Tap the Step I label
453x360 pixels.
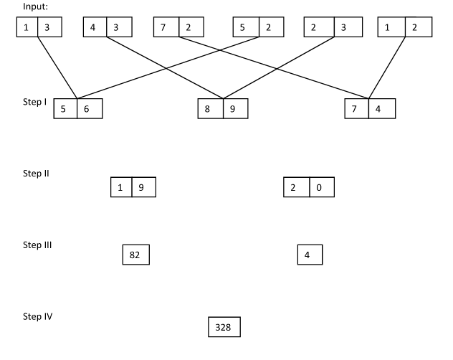click(x=35, y=103)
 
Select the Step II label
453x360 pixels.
click(x=36, y=174)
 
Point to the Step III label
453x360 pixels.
click(x=37, y=245)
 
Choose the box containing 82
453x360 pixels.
click(x=135, y=255)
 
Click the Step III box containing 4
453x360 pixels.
click(x=310, y=255)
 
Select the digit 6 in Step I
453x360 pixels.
click(x=88, y=109)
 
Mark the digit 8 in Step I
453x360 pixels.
click(x=209, y=109)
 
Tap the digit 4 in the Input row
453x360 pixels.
click(x=93, y=27)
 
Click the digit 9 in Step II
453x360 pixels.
click(x=142, y=188)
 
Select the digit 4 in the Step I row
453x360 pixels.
click(x=381, y=109)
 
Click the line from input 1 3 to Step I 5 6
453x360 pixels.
click(x=57, y=67)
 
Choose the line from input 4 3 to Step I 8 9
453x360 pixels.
click(x=165, y=67)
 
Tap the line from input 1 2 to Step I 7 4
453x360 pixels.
click(x=388, y=67)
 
